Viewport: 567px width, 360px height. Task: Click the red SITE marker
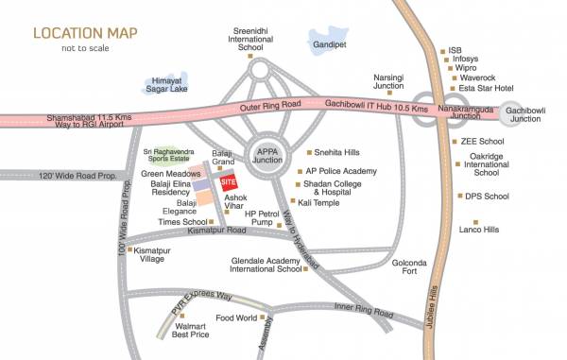coord(227,182)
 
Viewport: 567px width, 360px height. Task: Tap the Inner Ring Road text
coord(363,312)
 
